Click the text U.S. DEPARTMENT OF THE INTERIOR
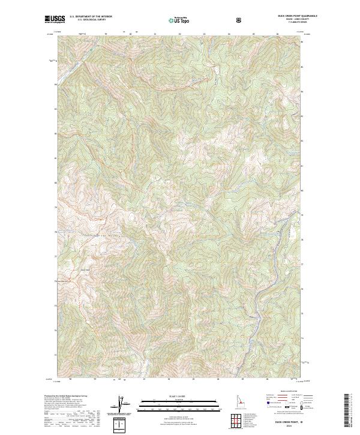coord(91,17)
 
